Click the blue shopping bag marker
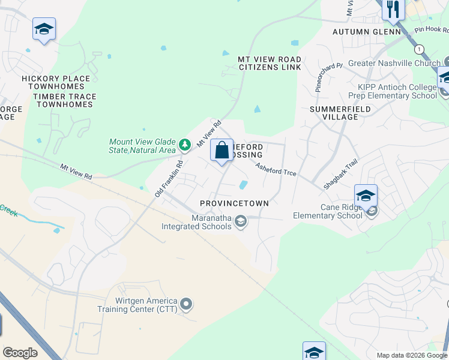[x=221, y=150]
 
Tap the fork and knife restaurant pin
[x=394, y=8]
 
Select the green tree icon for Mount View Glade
[x=185, y=145]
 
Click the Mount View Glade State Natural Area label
[x=142, y=146]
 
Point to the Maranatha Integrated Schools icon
[x=241, y=222]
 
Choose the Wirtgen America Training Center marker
[x=186, y=304]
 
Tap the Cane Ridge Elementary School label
[x=327, y=212]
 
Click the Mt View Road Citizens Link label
[x=270, y=64]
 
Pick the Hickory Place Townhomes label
[x=56, y=83]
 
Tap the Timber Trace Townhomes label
[x=64, y=100]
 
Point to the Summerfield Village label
[x=340, y=113]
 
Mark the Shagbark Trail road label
[x=340, y=175]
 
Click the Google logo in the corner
[x=20, y=353]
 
